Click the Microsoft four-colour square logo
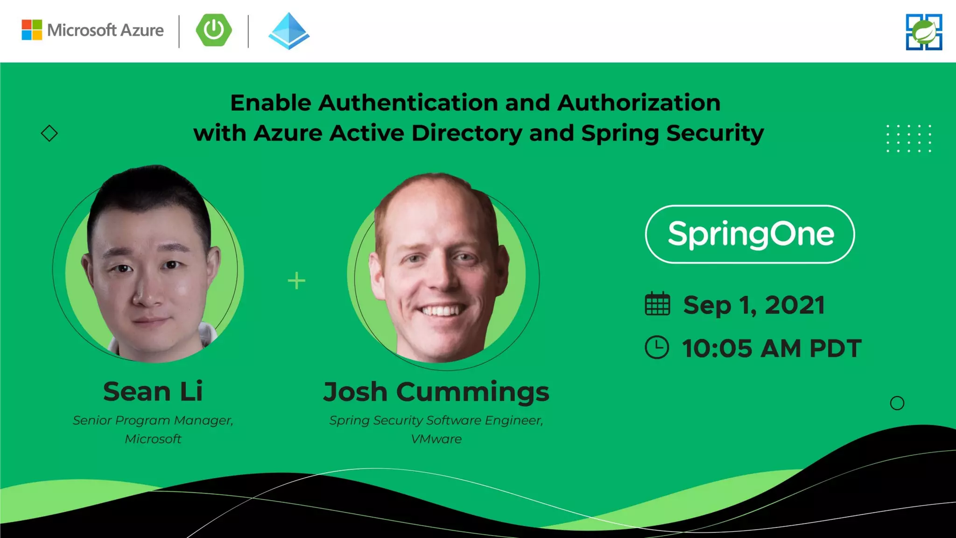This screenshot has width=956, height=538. [32, 30]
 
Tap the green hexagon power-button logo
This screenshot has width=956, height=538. [214, 30]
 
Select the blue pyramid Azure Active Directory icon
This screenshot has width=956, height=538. [289, 31]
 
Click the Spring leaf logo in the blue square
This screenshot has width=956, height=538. [924, 32]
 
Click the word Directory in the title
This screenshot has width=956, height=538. [467, 133]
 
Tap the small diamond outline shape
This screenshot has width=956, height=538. [49, 134]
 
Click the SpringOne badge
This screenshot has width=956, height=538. [750, 234]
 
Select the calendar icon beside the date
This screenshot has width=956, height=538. [657, 304]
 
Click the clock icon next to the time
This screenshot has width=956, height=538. [657, 347]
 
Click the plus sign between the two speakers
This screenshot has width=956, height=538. [296, 281]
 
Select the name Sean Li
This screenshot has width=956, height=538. [153, 391]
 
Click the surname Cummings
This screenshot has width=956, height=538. [472, 392]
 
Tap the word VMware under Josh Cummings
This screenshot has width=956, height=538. [436, 439]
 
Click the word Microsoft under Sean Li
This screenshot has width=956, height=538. [153, 439]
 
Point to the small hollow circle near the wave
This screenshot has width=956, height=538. [897, 403]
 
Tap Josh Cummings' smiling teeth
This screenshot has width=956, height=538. [441, 310]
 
